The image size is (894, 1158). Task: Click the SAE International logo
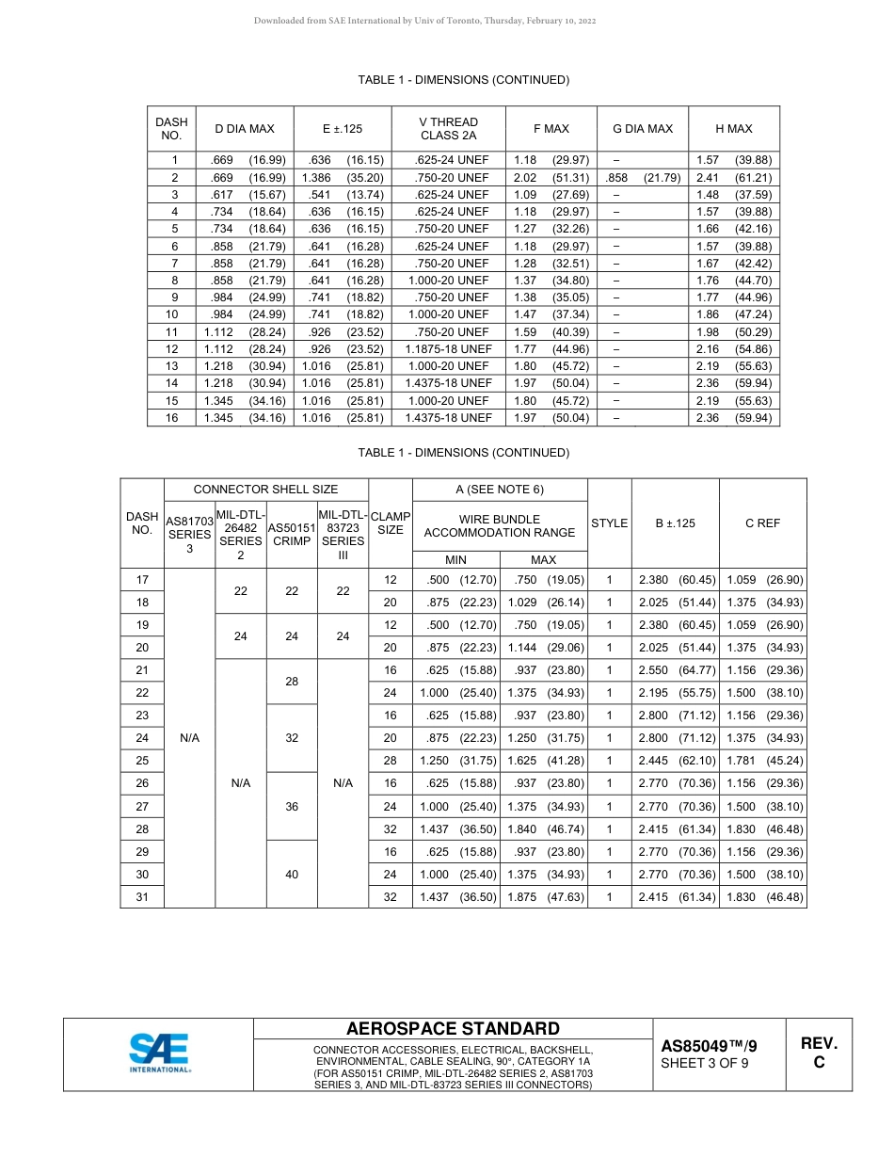click(x=159, y=1053)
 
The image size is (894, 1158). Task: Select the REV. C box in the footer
click(x=819, y=1053)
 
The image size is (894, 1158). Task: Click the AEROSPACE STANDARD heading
click(x=453, y=1029)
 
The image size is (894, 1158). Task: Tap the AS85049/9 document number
click(x=708, y=1046)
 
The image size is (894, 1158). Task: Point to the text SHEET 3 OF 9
click(x=705, y=1064)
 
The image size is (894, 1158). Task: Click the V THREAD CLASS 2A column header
click(x=448, y=129)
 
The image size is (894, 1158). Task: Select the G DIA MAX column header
click(x=642, y=129)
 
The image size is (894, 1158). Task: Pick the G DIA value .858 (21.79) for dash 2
click(x=642, y=178)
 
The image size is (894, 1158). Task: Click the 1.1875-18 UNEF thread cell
click(x=448, y=349)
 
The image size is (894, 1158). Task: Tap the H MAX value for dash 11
click(x=733, y=332)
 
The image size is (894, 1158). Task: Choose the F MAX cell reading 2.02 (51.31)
click(x=551, y=178)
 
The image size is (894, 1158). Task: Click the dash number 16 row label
click(x=172, y=418)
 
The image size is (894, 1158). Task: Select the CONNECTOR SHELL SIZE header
click(x=265, y=490)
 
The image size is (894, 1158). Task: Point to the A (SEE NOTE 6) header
click(x=500, y=490)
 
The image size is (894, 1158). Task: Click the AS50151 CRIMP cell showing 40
click(x=292, y=875)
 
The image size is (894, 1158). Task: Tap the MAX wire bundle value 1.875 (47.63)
click(x=545, y=897)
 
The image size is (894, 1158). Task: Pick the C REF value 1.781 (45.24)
click(x=762, y=761)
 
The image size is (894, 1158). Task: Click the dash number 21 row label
click(x=142, y=670)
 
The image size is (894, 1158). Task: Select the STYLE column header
click(x=609, y=523)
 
